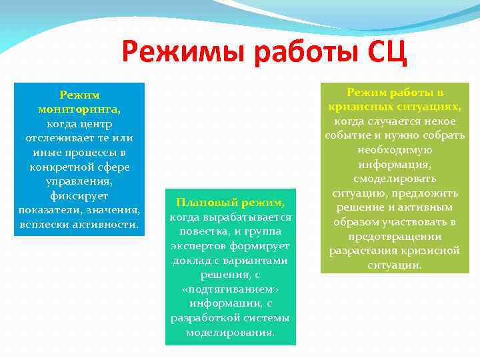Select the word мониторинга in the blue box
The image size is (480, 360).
click(x=79, y=109)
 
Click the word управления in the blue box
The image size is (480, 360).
click(x=79, y=181)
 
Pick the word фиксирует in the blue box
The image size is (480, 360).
click(x=79, y=195)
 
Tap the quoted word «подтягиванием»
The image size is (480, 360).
click(x=231, y=289)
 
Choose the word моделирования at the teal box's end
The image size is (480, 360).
click(x=231, y=332)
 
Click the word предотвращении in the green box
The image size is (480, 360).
click(x=395, y=236)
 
